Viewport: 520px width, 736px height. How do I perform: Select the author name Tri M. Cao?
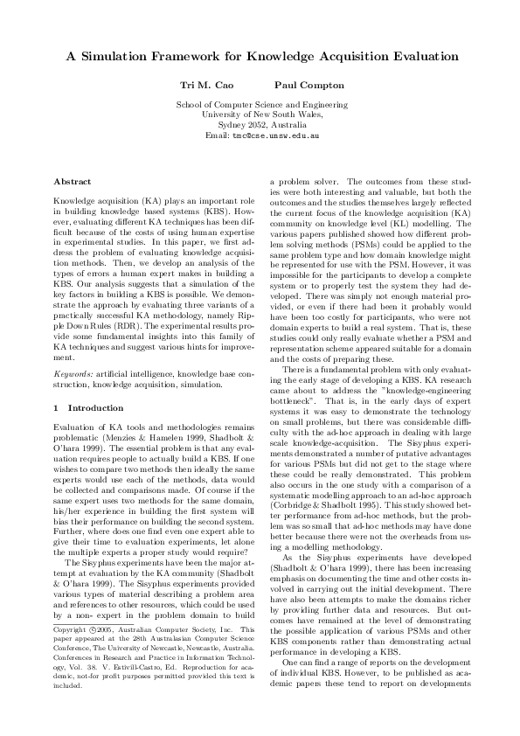tap(203, 86)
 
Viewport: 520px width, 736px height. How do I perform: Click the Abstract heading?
tap(73, 181)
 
